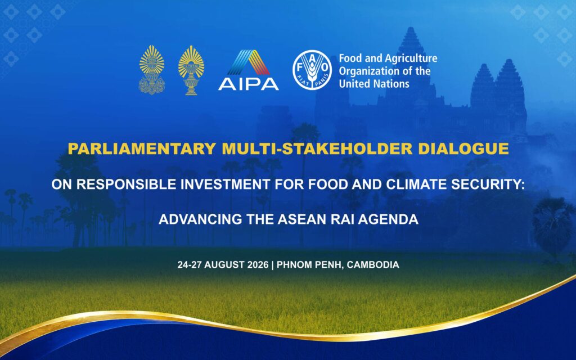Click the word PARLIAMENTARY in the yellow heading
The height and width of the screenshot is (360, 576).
point(142,148)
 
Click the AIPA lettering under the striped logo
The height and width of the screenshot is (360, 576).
point(248,84)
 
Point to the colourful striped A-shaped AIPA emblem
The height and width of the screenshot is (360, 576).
point(249,62)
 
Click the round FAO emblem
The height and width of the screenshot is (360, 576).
point(312,70)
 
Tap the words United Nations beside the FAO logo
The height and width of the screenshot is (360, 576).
point(374,84)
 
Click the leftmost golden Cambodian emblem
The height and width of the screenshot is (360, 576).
point(152,70)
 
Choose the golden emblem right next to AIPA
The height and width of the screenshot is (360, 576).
point(191,70)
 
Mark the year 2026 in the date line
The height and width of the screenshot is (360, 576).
point(258,264)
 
